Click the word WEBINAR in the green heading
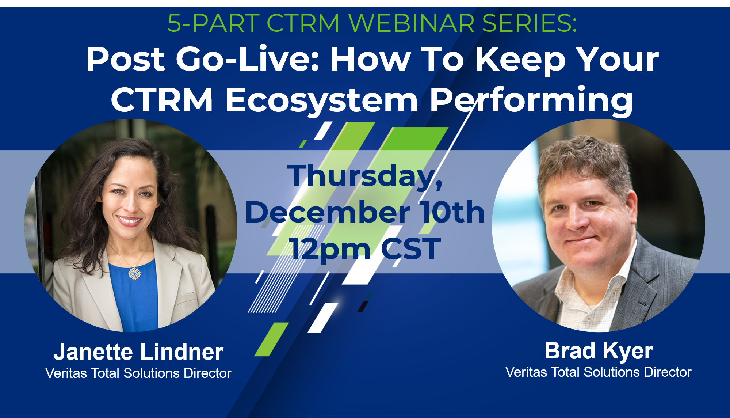pyautogui.click(x=411, y=23)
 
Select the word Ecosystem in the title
pyautogui.click(x=321, y=100)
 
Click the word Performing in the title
pyautogui.click(x=531, y=100)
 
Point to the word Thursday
pyautogui.click(x=365, y=176)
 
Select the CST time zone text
pyautogui.click(x=410, y=248)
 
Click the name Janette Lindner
pyautogui.click(x=138, y=351)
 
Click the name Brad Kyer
pyautogui.click(x=599, y=351)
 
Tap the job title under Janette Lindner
pyautogui.click(x=138, y=373)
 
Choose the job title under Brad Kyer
pyautogui.click(x=599, y=372)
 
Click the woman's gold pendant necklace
pyautogui.click(x=134, y=273)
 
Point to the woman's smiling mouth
pyautogui.click(x=129, y=220)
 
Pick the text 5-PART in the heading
pyautogui.click(x=213, y=23)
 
